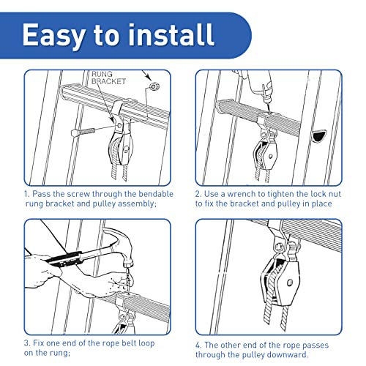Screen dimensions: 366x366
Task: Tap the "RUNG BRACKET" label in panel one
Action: click(108, 78)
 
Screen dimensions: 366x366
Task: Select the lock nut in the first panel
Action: click(154, 86)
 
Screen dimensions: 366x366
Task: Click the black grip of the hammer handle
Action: click(64, 259)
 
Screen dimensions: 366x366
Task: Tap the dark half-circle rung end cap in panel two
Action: click(319, 136)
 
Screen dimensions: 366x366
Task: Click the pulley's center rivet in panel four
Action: click(290, 283)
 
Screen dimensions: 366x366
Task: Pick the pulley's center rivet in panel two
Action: click(270, 156)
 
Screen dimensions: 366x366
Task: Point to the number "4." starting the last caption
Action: click(198, 346)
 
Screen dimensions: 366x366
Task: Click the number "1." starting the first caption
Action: click(27, 194)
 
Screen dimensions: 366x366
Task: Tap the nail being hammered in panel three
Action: click(127, 280)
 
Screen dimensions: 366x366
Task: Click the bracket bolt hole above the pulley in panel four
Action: click(278, 248)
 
